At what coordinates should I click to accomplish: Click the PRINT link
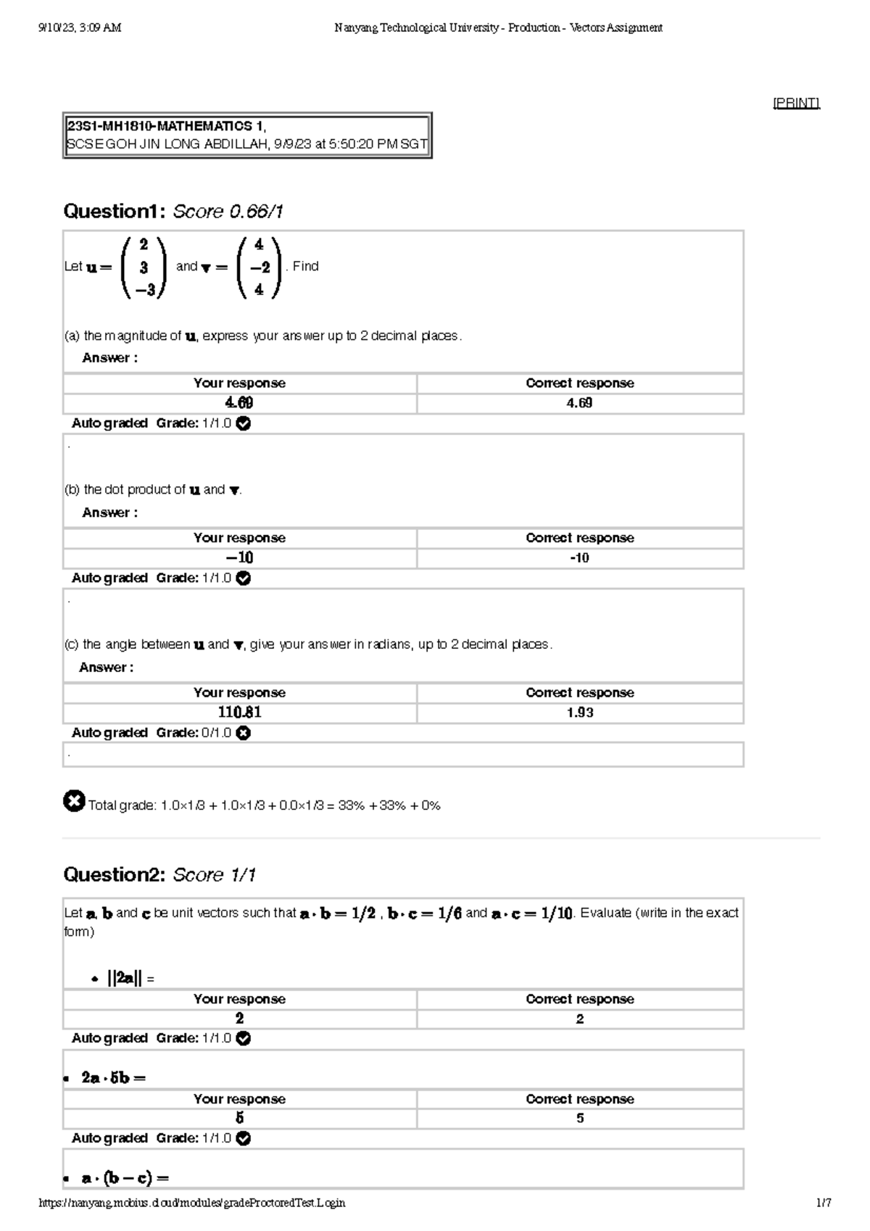click(796, 103)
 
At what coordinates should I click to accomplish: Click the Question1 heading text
click(115, 212)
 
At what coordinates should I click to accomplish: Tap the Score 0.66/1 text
click(228, 212)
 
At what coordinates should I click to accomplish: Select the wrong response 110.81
click(239, 713)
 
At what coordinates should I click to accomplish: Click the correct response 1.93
click(580, 713)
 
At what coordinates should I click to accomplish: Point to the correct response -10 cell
click(580, 558)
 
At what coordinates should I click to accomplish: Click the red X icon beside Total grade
click(74, 801)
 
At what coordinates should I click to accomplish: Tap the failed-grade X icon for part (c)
click(244, 733)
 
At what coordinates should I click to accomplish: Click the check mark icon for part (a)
click(244, 423)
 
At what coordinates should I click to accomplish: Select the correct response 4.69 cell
click(580, 403)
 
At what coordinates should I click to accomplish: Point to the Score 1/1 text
click(215, 875)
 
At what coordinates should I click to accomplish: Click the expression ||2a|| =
click(130, 979)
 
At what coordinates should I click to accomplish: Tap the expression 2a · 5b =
click(113, 1078)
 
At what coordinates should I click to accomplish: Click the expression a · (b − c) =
click(125, 1178)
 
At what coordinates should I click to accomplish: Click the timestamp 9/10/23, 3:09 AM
click(80, 28)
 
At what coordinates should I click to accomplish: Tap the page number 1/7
click(823, 1203)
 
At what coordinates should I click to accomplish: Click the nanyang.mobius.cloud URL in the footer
click(191, 1203)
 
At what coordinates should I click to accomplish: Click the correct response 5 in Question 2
click(580, 1119)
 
